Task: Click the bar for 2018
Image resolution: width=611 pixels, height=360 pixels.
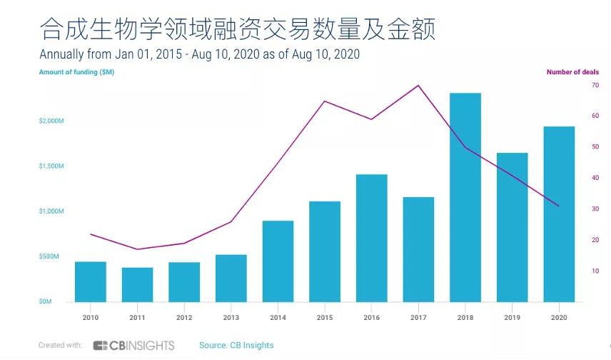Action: pos(465,197)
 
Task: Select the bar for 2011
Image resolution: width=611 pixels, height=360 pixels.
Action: pos(137,284)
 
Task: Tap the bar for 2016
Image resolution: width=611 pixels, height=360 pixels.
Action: pos(371,238)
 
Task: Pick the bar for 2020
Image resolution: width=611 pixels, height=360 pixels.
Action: pos(559,214)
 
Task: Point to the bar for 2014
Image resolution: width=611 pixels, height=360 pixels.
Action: pos(278,261)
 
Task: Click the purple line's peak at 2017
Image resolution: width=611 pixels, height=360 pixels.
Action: pos(418,85)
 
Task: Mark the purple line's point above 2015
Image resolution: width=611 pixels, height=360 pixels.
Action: pos(325,101)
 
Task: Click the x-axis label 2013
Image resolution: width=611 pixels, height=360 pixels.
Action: pos(231,317)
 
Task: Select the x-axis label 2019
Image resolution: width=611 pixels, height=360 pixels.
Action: pos(512,317)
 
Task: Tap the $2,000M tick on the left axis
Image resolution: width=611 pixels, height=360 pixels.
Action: pos(51,121)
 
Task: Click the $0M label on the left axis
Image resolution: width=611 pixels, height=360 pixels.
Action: pos(45,302)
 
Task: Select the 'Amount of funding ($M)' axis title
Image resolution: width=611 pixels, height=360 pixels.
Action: pos(76,72)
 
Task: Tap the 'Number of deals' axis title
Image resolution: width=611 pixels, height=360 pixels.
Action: pos(572,72)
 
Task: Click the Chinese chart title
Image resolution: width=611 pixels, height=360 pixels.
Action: pos(236,29)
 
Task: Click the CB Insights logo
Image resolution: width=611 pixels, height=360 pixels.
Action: pos(133,346)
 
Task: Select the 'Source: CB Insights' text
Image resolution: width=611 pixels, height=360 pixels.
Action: pos(236,346)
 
